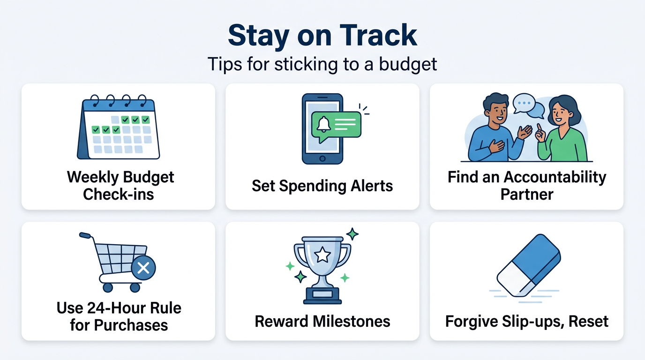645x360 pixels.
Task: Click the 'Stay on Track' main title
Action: click(x=322, y=35)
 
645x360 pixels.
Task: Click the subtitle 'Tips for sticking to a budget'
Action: click(x=322, y=64)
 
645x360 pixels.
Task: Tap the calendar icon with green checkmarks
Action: click(x=119, y=128)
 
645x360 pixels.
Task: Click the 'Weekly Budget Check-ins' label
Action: click(x=120, y=186)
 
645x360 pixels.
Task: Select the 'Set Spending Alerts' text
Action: click(x=322, y=186)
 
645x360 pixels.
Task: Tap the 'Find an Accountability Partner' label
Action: click(x=526, y=186)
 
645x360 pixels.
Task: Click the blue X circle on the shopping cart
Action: click(x=143, y=268)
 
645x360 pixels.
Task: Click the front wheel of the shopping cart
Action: click(x=135, y=287)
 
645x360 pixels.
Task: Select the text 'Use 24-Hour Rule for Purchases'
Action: click(x=119, y=316)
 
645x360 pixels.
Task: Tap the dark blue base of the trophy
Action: click(x=322, y=295)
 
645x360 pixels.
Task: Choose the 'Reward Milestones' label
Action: click(x=322, y=321)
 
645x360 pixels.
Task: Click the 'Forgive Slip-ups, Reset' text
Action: click(x=526, y=321)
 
